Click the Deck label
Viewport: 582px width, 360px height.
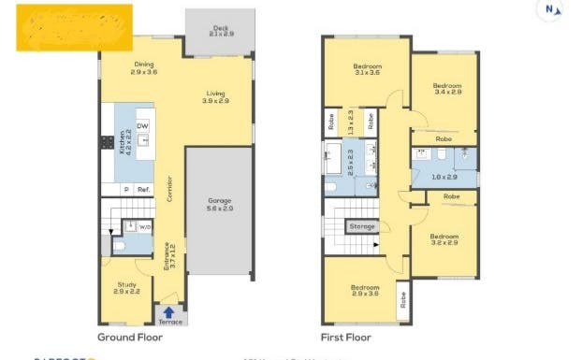coord(219,30)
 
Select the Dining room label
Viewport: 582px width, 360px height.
coord(144,67)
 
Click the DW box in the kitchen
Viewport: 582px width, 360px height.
coord(142,126)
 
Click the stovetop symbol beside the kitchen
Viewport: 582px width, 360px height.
coord(106,143)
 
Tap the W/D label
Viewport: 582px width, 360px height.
coord(145,226)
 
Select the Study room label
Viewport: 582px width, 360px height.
coord(127,288)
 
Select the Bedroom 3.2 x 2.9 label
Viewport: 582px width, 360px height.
coord(444,240)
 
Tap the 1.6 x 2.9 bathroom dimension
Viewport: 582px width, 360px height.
coord(444,176)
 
